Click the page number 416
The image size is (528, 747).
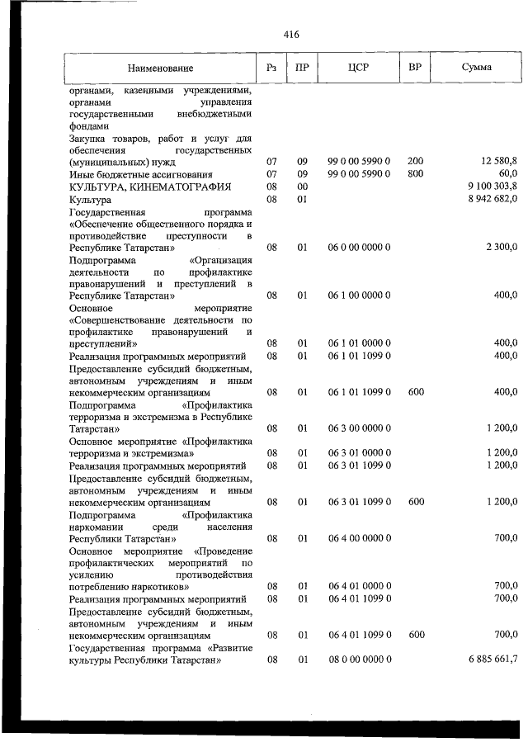coord(290,35)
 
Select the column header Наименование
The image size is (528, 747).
coord(160,68)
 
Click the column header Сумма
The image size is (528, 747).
coord(477,68)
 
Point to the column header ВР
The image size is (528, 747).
coord(415,68)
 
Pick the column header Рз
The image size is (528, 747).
coord(271,68)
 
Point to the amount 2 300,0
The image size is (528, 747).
coord(502,247)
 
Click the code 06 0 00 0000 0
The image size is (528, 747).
coord(359,247)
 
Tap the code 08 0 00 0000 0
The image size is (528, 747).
coord(359,660)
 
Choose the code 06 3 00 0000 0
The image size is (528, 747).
coord(359,428)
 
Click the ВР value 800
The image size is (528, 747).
coord(415,175)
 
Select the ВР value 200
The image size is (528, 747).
coord(415,163)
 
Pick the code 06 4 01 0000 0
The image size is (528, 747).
coord(359,586)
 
